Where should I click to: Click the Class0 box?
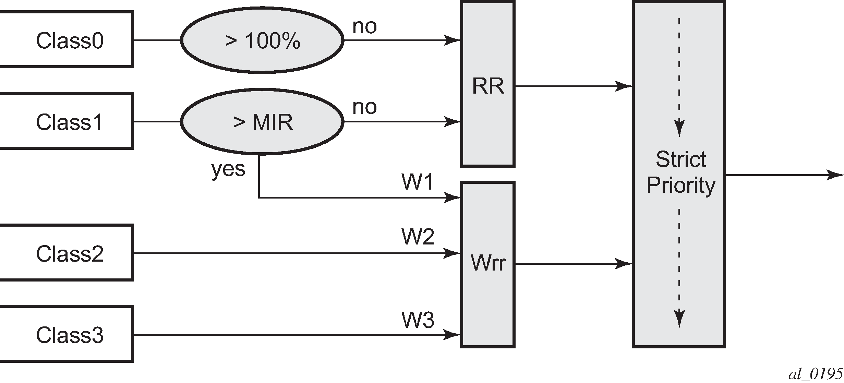click(67, 40)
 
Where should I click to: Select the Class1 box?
click(67, 121)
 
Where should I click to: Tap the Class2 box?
click(67, 253)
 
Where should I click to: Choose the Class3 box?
click(67, 334)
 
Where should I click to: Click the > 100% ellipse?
click(262, 40)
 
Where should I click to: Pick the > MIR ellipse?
click(262, 122)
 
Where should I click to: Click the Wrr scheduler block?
click(488, 264)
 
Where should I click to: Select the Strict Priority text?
click(681, 172)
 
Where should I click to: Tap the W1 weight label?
click(418, 182)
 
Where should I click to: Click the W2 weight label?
click(418, 237)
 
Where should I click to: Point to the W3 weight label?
click(418, 320)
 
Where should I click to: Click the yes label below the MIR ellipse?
click(228, 169)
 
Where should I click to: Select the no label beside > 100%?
click(364, 26)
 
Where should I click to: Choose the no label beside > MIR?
click(364, 107)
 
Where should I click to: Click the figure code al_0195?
click(816, 374)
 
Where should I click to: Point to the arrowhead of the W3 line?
click(453, 334)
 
